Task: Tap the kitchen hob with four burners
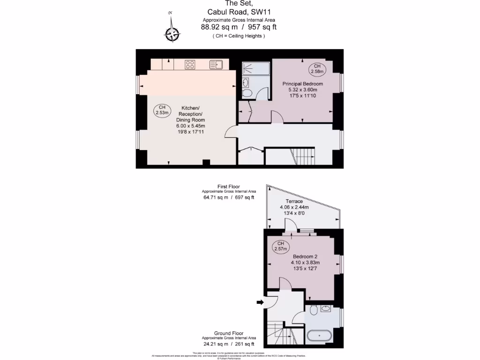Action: pyautogui.click(x=190, y=65)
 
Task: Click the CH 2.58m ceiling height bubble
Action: pyautogui.click(x=317, y=68)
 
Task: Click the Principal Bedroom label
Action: pyautogui.click(x=302, y=83)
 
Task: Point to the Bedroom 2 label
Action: pyautogui.click(x=305, y=256)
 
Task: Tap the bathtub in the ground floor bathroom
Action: pyautogui.click(x=319, y=336)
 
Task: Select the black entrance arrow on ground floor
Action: pyautogui.click(x=260, y=302)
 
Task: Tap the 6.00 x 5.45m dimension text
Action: pyautogui.click(x=190, y=126)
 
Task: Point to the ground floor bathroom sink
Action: pyautogui.click(x=326, y=308)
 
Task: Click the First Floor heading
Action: pyautogui.click(x=229, y=187)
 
